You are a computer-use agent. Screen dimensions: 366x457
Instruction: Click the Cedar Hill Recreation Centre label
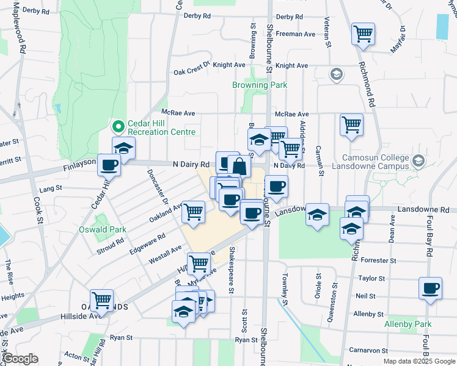point(162,127)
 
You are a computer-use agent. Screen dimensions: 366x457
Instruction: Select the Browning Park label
point(260,85)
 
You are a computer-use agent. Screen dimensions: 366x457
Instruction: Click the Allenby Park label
point(408,325)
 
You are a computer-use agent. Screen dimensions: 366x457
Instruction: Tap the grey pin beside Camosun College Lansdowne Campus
point(418,162)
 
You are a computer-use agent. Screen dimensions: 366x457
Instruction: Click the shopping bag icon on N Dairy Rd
point(239,167)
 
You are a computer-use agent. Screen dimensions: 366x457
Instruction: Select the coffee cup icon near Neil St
point(430,288)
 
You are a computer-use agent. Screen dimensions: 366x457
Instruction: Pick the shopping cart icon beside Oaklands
point(101,300)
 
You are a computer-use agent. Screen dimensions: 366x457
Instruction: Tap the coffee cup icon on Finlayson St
point(109,165)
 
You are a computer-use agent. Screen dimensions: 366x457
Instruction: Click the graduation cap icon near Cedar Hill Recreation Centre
point(123,148)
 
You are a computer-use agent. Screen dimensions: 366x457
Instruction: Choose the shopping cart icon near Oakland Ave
point(194,212)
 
